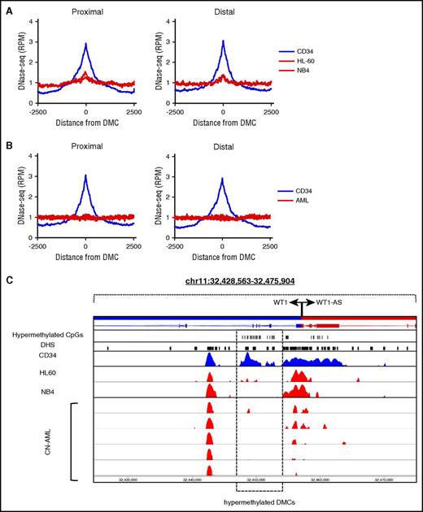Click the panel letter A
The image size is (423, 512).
tap(8, 7)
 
